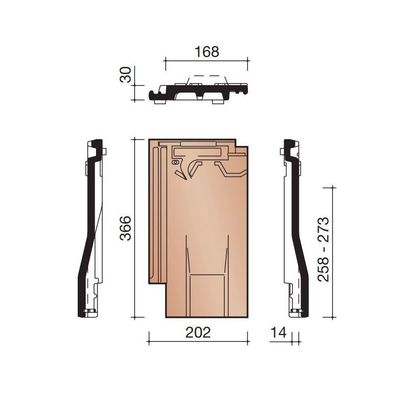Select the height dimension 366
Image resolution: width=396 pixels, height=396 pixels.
[x=127, y=228]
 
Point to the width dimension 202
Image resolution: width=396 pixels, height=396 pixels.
[x=198, y=332]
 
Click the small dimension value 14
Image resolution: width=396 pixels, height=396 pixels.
[x=279, y=333]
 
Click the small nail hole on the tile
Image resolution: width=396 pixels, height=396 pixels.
[x=174, y=162]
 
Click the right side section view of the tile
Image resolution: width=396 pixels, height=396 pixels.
[x=293, y=228]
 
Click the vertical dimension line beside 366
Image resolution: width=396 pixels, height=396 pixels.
[x=136, y=228]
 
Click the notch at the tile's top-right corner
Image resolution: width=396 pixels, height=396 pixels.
[x=241, y=143]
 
